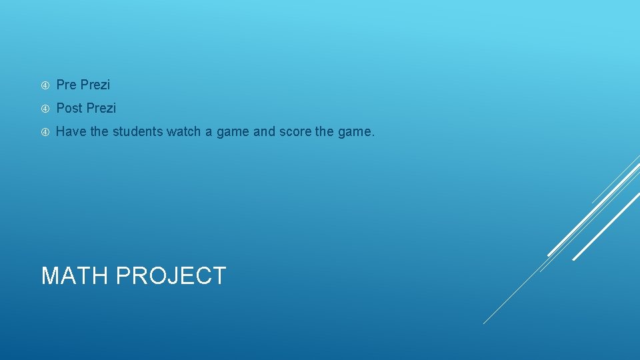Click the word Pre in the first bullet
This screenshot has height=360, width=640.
(x=67, y=85)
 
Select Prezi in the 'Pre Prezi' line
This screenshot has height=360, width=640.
(x=95, y=85)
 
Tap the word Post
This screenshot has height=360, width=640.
(x=69, y=108)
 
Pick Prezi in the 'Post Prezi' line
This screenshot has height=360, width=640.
(x=101, y=108)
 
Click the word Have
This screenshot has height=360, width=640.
(x=71, y=132)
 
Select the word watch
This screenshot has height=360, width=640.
(x=183, y=132)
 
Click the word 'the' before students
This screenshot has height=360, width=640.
(x=99, y=132)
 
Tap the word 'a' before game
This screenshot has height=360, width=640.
(x=209, y=132)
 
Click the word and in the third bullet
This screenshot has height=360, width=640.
(x=264, y=132)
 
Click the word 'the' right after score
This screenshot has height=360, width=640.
(x=325, y=132)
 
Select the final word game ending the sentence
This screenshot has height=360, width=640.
(x=356, y=132)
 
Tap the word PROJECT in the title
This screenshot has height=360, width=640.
(x=171, y=276)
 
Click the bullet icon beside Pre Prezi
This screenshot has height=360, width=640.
(x=45, y=85)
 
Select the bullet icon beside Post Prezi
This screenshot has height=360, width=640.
(x=45, y=109)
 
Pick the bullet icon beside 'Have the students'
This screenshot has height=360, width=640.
(x=45, y=132)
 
